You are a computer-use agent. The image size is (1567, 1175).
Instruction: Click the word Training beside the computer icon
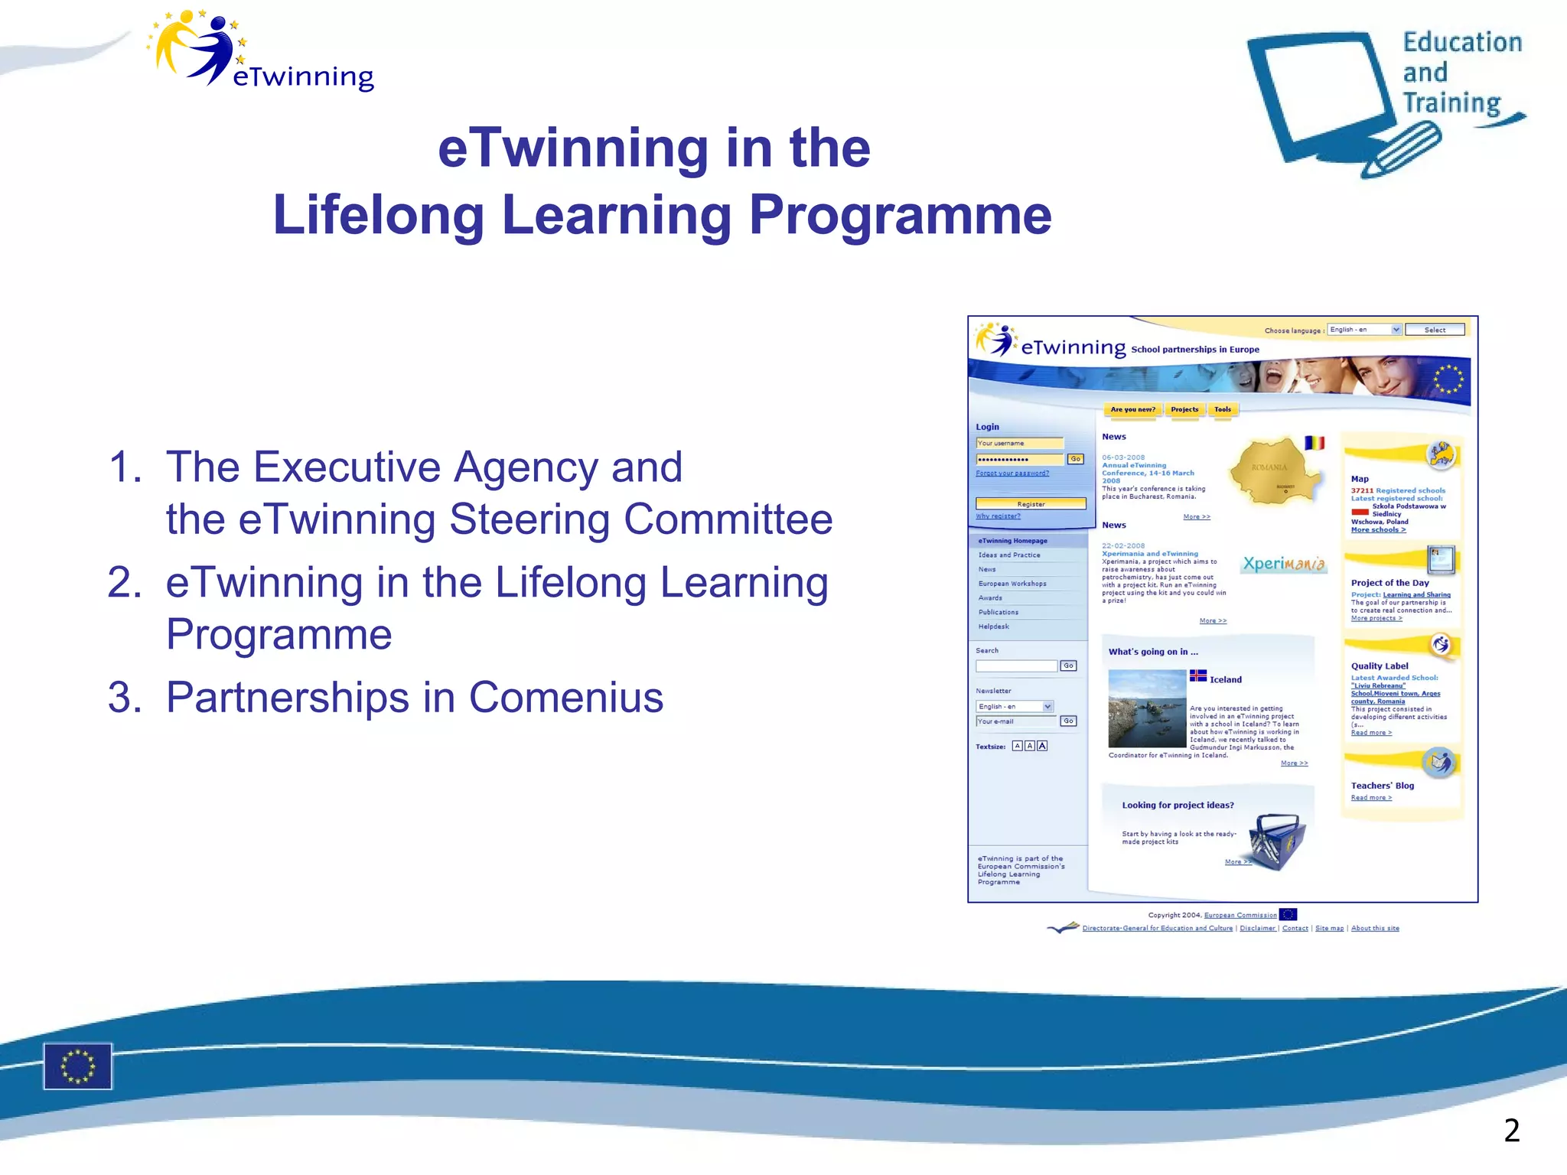point(1451,103)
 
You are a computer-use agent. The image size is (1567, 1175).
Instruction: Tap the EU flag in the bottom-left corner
point(77,1066)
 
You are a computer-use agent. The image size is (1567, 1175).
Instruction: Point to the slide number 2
point(1511,1131)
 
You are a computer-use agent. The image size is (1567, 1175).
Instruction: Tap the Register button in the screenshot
point(1031,504)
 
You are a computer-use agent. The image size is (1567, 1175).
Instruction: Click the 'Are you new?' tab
point(1132,409)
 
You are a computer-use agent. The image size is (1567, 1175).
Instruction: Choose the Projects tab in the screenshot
point(1184,409)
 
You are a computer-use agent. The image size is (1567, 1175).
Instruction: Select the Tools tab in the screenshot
point(1223,409)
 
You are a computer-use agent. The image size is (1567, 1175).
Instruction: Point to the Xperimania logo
point(1283,565)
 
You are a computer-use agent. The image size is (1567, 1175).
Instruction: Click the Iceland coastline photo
point(1147,708)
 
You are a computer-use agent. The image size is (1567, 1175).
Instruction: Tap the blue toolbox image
point(1275,841)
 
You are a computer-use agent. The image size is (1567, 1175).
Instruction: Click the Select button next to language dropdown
point(1435,330)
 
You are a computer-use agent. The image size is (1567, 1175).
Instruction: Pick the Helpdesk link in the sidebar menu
point(993,627)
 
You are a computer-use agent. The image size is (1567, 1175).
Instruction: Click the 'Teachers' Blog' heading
point(1382,786)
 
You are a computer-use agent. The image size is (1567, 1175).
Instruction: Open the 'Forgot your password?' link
point(1012,474)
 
